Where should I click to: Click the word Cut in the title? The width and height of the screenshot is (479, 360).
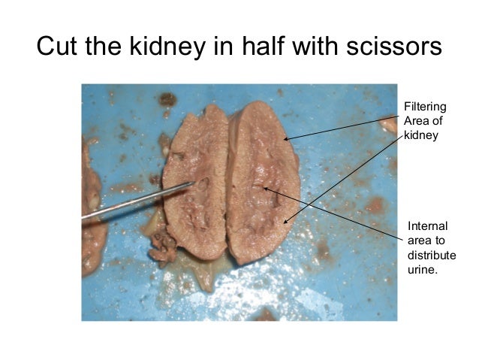click(x=58, y=47)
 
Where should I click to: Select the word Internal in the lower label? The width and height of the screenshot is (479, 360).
click(x=427, y=226)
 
